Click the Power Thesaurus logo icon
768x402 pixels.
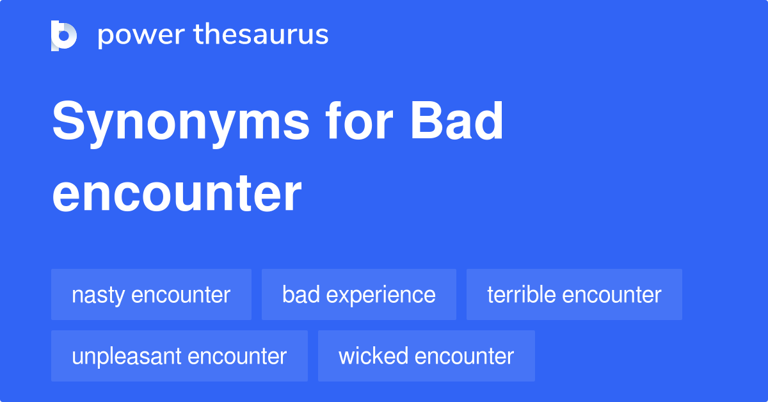(64, 35)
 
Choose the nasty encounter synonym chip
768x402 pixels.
(151, 294)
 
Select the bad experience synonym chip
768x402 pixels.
(358, 294)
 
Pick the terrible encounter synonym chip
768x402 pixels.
(574, 294)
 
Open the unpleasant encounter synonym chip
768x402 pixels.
(179, 356)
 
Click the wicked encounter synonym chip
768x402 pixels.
(426, 356)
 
